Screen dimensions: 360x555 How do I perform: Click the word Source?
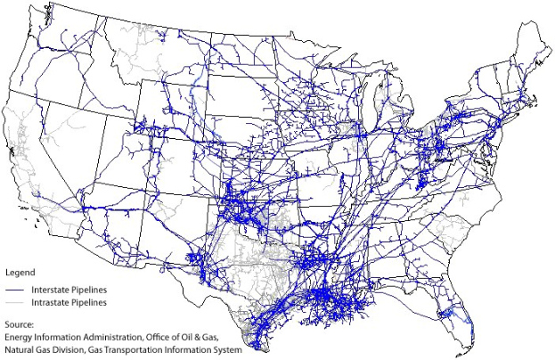[19, 325]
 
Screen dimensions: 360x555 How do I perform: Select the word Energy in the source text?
[19, 338]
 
